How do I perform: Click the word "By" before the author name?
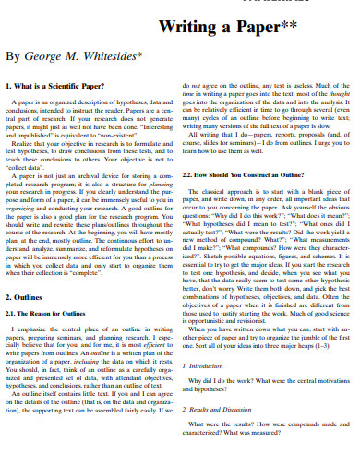(13, 56)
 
